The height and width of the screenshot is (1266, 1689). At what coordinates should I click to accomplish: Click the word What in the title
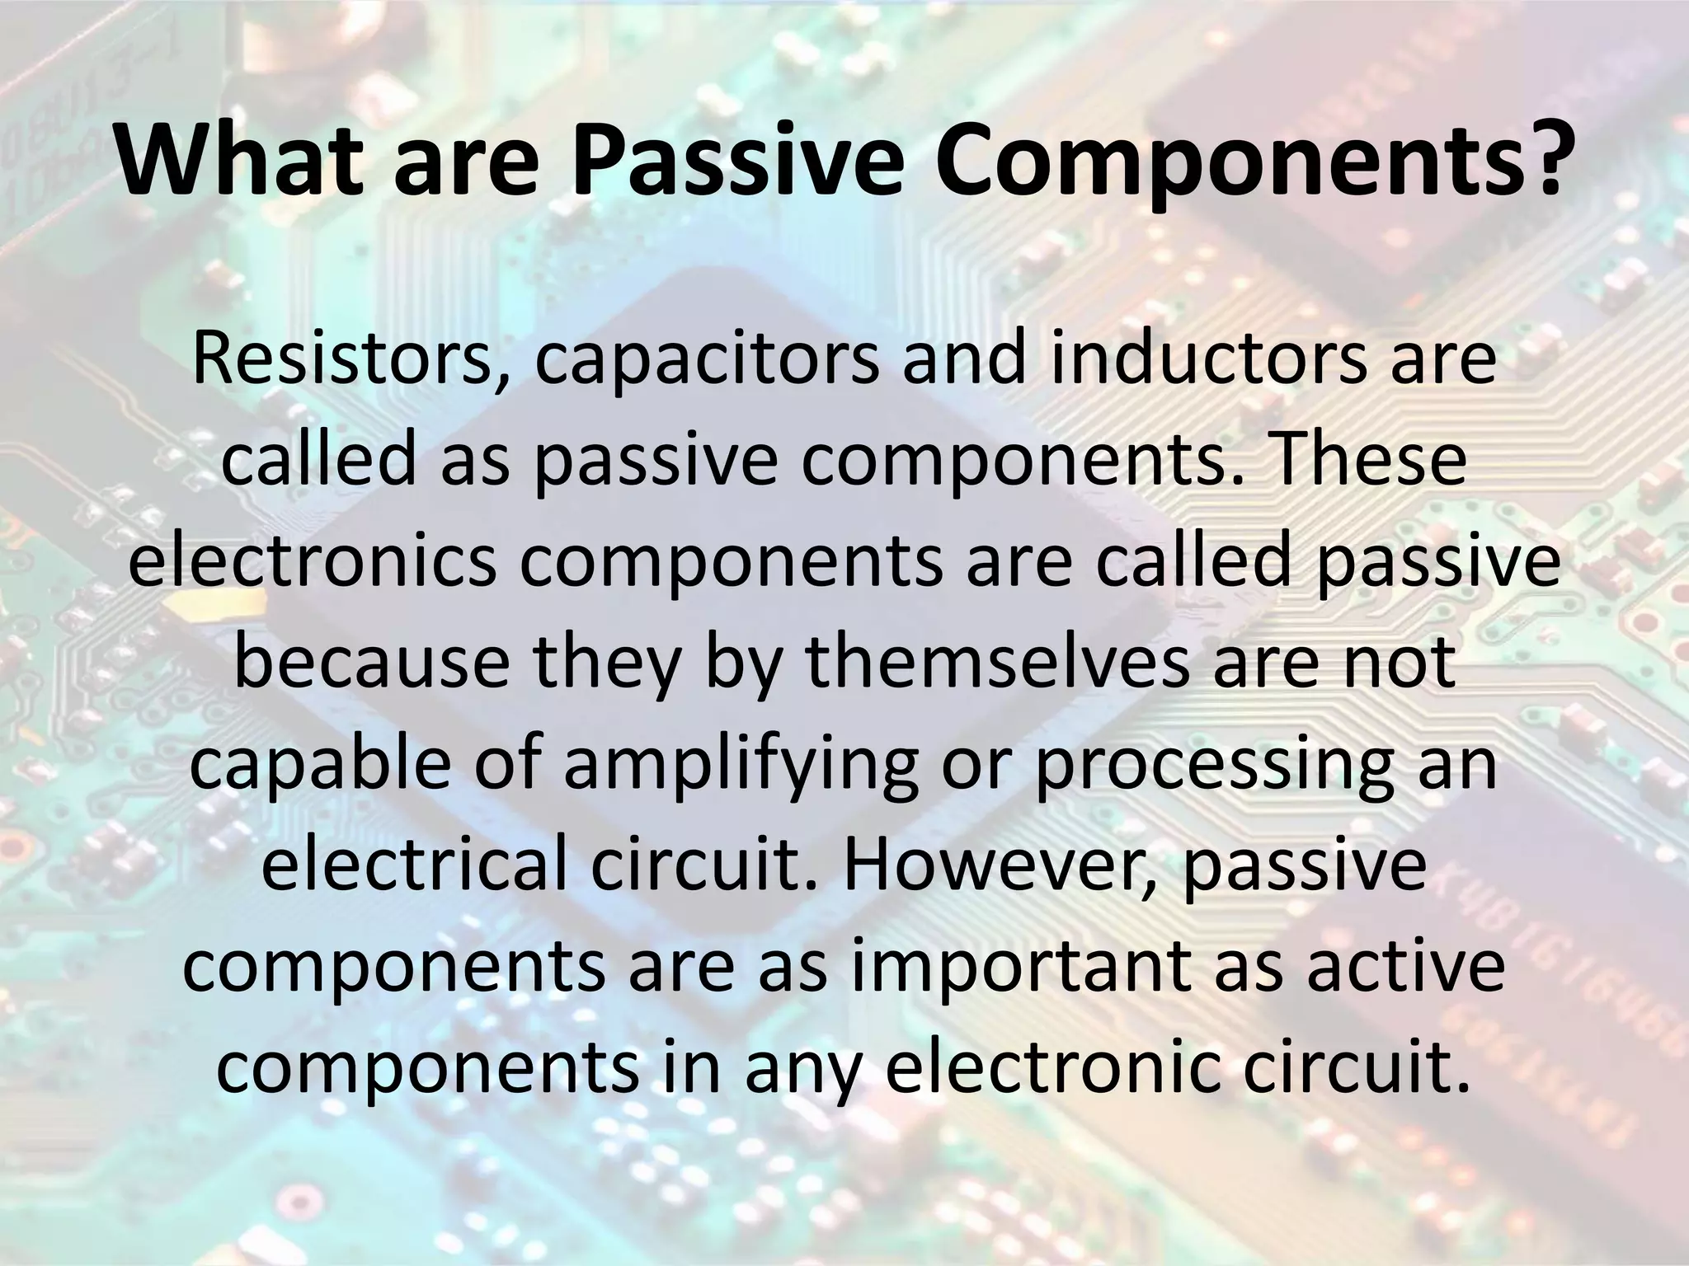239,162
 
